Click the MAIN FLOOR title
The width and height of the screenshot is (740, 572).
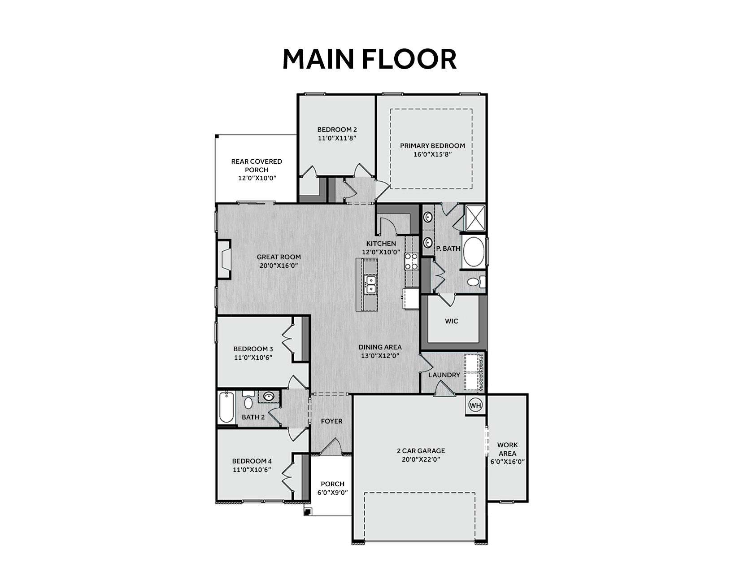[370, 59]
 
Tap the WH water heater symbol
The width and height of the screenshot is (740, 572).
[475, 405]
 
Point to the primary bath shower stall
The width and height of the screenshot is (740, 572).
[474, 218]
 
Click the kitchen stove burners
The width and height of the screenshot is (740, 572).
[411, 262]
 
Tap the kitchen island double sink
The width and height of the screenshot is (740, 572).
[370, 285]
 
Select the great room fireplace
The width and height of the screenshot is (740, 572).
[224, 259]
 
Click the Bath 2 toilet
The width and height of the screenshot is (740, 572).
[248, 399]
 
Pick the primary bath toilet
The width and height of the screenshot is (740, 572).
[476, 282]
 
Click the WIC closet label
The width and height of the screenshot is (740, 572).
[452, 321]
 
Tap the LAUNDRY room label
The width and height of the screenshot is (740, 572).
[444, 375]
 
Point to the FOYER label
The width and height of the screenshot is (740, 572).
[332, 421]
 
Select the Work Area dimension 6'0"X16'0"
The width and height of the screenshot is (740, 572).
[507, 462]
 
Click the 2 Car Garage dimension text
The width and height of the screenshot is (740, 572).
[421, 459]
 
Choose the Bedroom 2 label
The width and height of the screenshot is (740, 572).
[337, 130]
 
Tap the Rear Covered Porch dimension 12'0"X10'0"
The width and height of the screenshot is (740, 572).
[257, 178]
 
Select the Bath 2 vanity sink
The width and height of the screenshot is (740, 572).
[269, 396]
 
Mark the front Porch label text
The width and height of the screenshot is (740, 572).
[332, 484]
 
